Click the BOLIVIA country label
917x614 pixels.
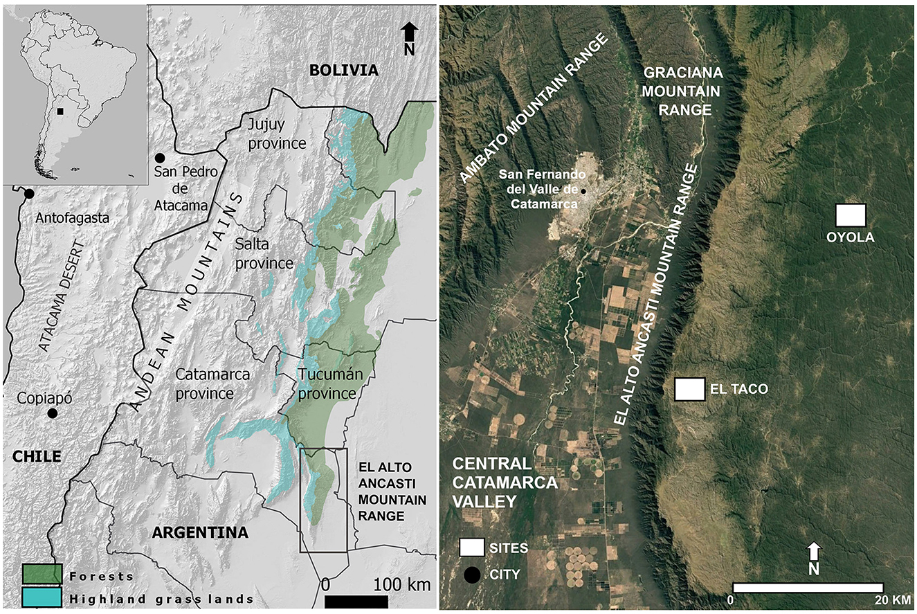[x=344, y=70]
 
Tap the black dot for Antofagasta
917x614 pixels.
[x=29, y=194]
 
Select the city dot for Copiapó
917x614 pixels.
[x=52, y=413]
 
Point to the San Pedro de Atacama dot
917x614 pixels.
[x=161, y=158]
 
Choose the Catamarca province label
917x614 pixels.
[x=213, y=383]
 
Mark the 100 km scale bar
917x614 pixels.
[x=356, y=601]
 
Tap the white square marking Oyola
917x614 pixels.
[x=851, y=215]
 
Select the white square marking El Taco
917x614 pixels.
[x=690, y=389]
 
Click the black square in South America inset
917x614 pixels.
[x=61, y=111]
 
